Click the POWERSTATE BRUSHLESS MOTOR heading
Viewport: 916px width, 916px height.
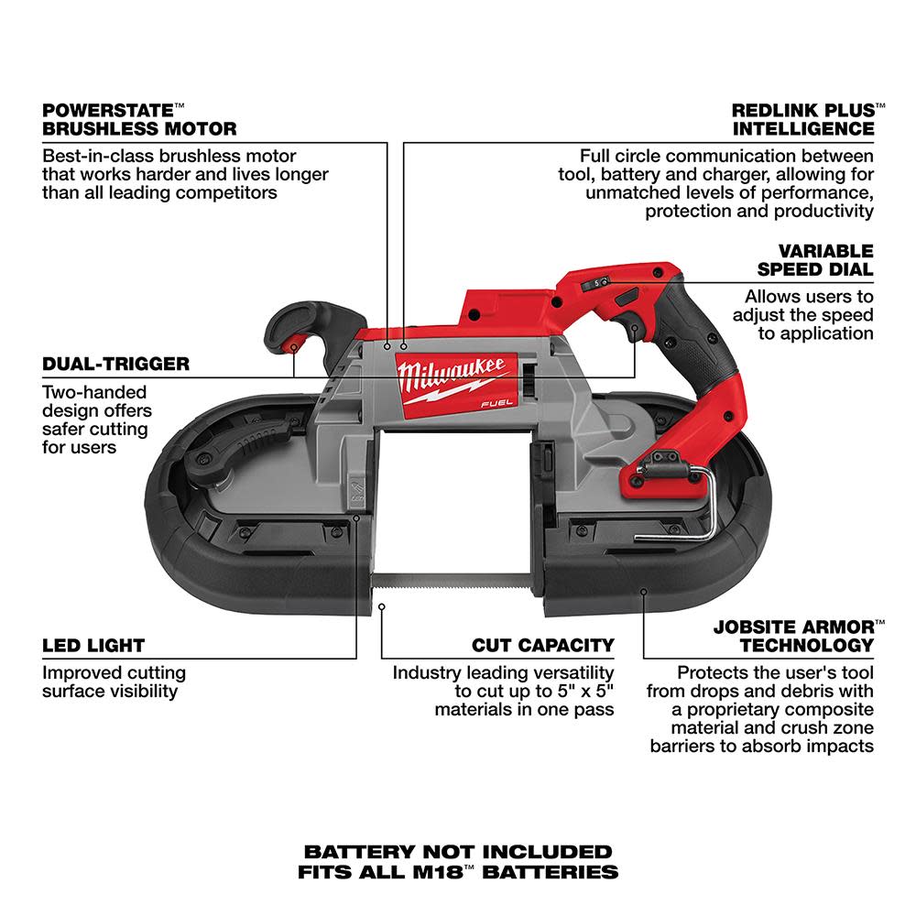pos(139,119)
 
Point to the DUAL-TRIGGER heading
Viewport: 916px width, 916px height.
pos(115,364)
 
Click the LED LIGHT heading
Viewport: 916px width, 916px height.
pos(93,645)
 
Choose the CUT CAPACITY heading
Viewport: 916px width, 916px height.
pos(543,645)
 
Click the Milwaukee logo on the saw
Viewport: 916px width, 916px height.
pos(451,373)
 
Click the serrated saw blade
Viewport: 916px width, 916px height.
pos(458,579)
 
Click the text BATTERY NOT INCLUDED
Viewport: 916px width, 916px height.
pos(458,852)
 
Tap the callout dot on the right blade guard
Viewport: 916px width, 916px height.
pos(644,591)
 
